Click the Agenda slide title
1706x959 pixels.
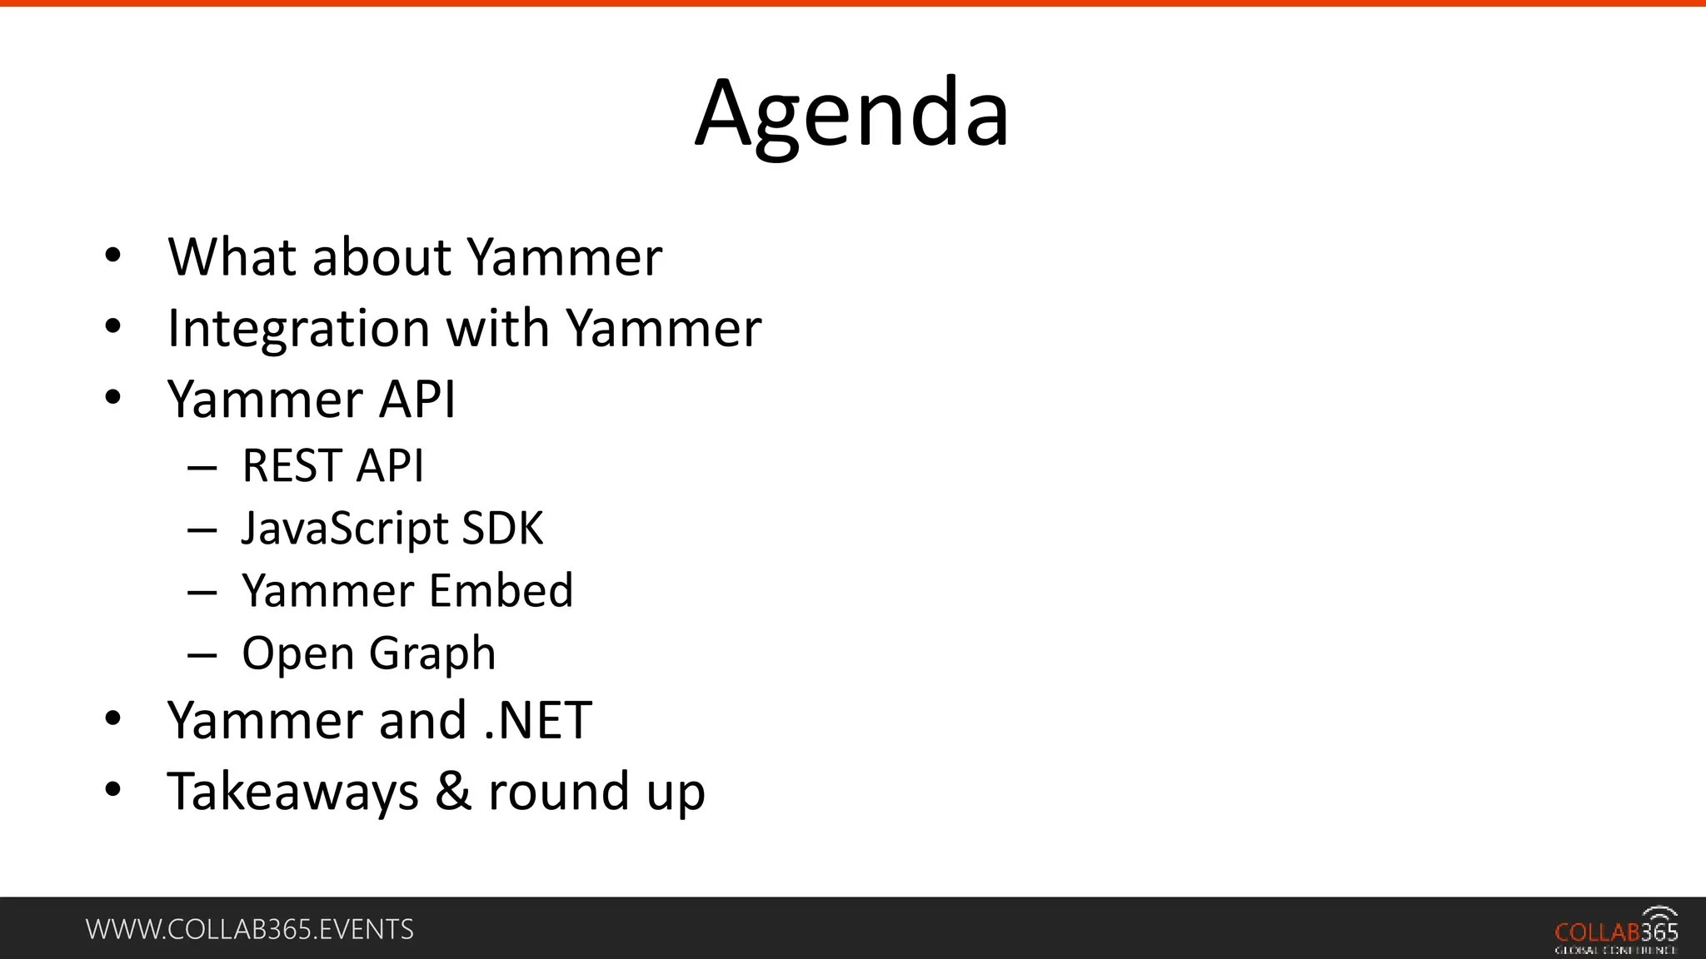point(852,114)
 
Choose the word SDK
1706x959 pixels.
point(502,528)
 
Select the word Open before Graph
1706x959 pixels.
point(297,654)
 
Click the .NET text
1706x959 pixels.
point(538,720)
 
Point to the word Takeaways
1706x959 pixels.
point(292,792)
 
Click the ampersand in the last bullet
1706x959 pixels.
point(452,792)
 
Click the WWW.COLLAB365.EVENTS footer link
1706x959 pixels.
point(250,930)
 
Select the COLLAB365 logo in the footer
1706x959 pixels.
point(1616,932)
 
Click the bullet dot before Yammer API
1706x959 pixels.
point(113,399)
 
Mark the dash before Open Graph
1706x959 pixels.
point(202,655)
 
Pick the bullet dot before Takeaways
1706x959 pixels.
point(113,790)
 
